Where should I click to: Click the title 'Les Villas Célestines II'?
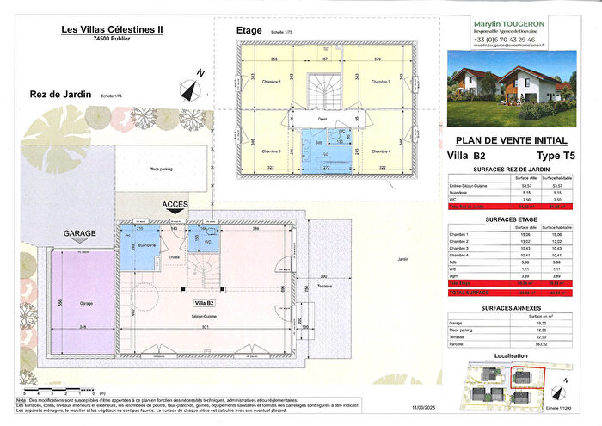(x=115, y=28)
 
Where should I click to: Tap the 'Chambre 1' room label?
(x=273, y=82)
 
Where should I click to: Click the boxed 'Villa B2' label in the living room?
(x=204, y=303)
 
